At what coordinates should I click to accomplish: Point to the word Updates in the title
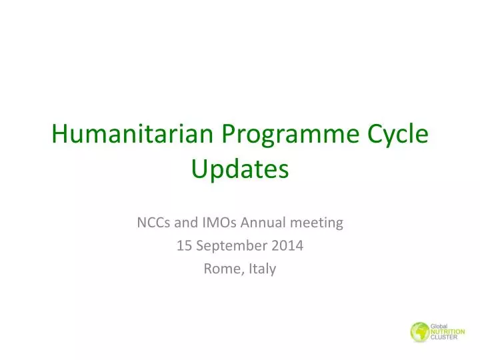240,169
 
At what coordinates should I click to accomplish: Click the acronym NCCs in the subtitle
153,223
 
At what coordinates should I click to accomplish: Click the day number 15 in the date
183,246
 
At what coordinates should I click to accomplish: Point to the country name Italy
262,269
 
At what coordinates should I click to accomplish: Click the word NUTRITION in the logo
447,331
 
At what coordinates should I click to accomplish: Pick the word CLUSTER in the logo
445,338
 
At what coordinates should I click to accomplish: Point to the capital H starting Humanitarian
60,135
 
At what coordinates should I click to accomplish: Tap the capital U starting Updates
199,169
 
